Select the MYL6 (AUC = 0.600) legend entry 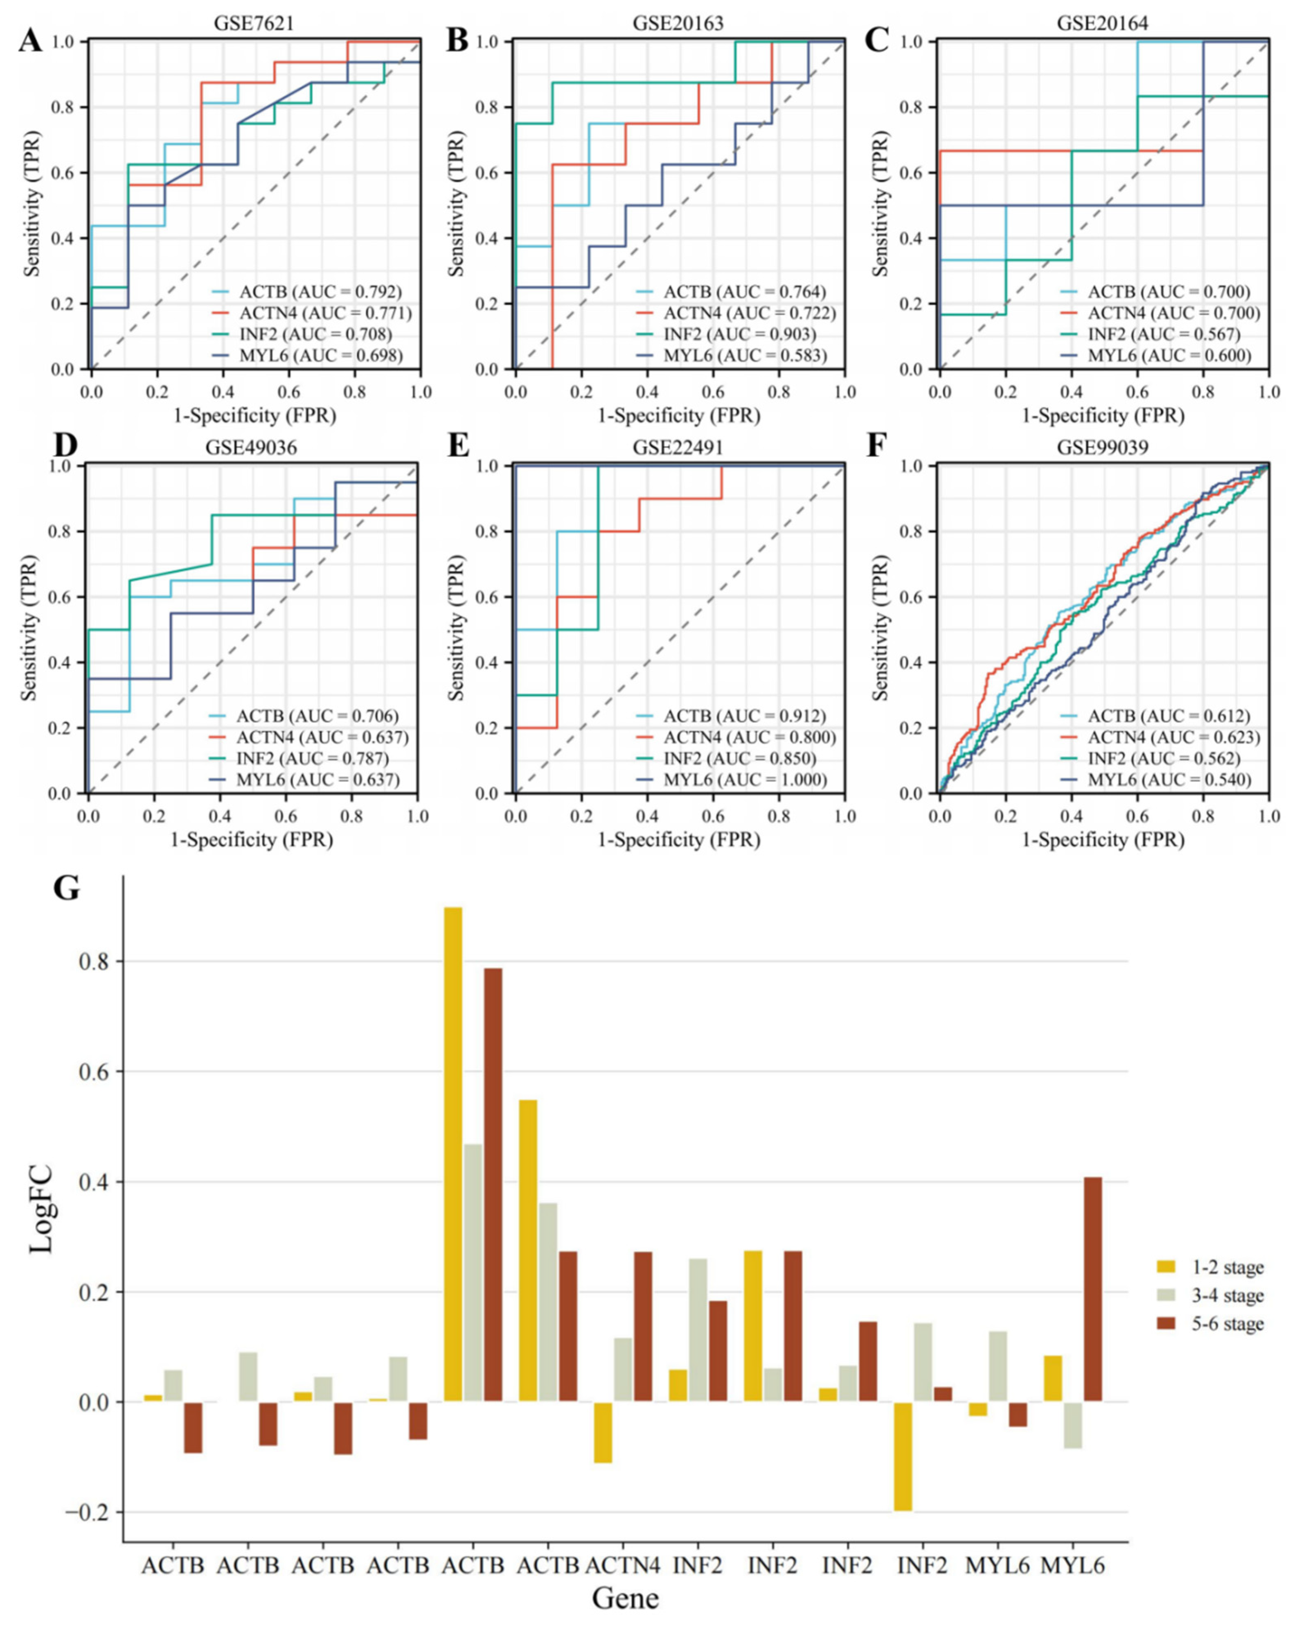(1168, 355)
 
